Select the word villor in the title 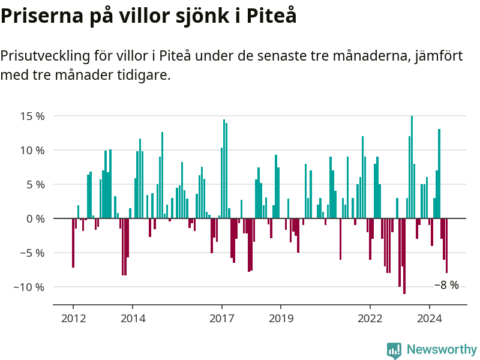tap(136, 16)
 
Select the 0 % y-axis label tap(36, 218)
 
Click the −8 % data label tap(446, 286)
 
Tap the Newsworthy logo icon tap(394, 350)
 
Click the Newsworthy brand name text tap(442, 349)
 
